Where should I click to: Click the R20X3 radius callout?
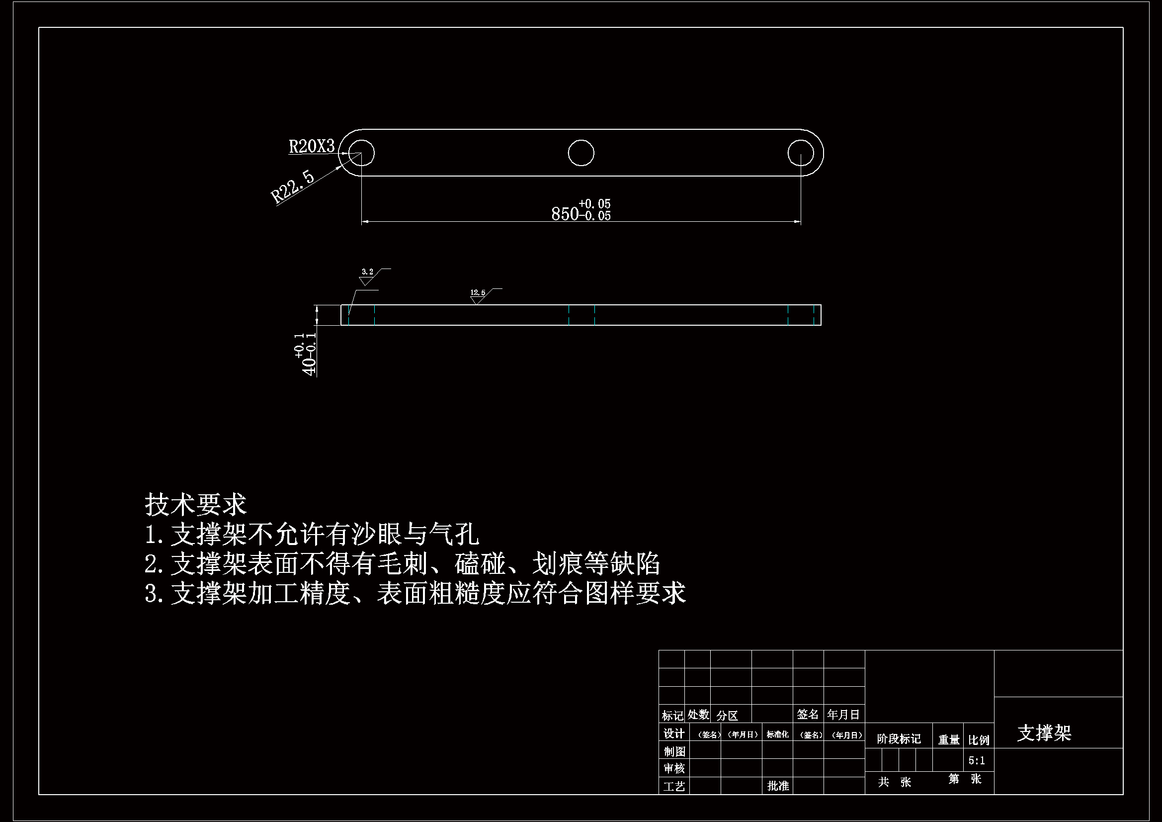click(312, 146)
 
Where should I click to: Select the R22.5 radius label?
click(293, 187)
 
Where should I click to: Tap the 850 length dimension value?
click(565, 214)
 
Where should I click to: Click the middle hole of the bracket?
click(581, 153)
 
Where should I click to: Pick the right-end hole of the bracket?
click(800, 153)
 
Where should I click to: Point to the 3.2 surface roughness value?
click(367, 272)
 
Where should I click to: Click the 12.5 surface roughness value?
click(478, 293)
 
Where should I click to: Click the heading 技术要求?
click(195, 504)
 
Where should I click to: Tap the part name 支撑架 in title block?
click(1044, 733)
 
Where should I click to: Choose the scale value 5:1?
click(976, 761)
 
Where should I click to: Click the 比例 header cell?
click(978, 740)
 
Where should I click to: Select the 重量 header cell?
click(948, 740)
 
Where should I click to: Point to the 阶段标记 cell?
click(899, 739)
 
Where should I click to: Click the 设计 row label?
click(673, 733)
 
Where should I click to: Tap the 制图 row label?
click(673, 751)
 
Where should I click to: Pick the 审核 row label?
click(673, 769)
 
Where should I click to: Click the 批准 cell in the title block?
click(778, 786)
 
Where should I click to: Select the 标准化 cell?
click(777, 734)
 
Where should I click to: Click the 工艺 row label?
click(673, 787)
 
